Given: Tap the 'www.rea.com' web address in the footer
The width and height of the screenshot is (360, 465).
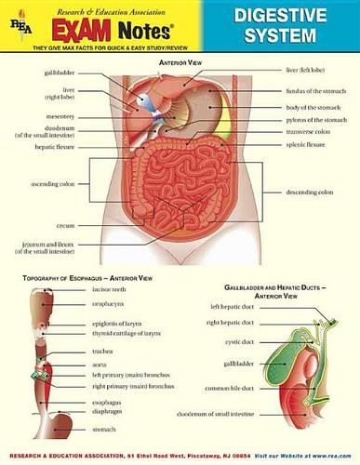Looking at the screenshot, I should click(x=330, y=457).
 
